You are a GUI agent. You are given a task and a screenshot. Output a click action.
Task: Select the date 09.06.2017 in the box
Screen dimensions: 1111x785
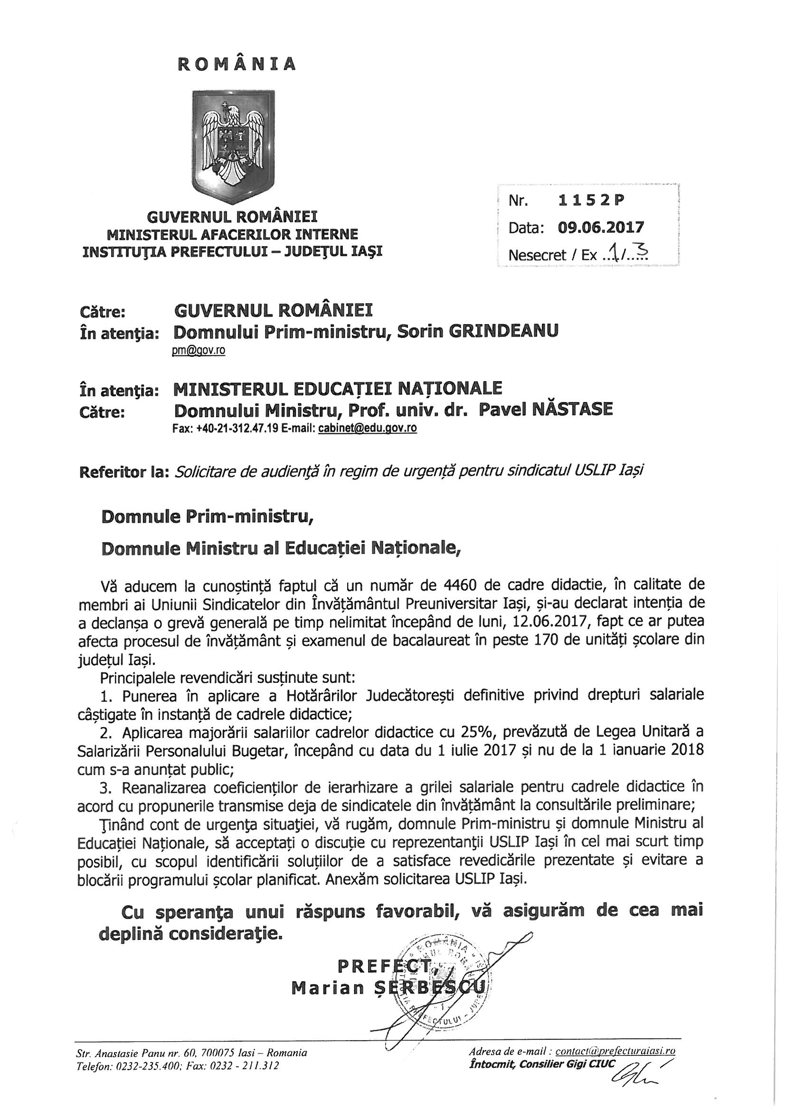[x=601, y=228]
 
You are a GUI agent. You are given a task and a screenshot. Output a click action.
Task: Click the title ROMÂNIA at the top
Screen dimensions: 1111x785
[x=237, y=64]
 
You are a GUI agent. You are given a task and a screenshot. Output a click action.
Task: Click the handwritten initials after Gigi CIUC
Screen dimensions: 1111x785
[x=634, y=1070]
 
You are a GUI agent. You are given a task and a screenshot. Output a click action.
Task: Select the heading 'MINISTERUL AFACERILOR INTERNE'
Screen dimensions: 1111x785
[x=233, y=235]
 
